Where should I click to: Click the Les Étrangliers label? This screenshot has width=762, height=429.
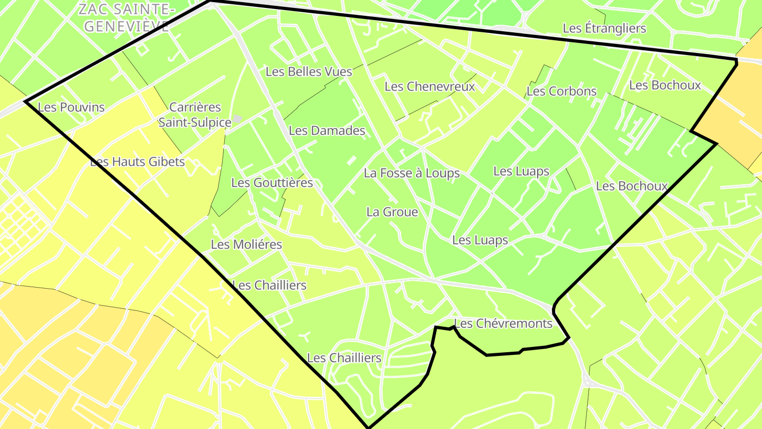click(604, 28)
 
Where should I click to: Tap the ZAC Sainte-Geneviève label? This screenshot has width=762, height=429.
click(126, 17)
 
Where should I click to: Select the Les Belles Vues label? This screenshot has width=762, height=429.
click(309, 71)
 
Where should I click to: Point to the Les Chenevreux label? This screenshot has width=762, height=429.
click(430, 86)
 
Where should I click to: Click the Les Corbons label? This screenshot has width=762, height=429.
click(561, 91)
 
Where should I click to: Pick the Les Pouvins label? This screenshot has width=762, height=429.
click(71, 107)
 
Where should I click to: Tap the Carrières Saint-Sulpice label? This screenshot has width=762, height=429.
click(195, 115)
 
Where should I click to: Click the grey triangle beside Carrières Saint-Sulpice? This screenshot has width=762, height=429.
click(239, 119)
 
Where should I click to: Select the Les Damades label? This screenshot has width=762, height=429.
click(327, 130)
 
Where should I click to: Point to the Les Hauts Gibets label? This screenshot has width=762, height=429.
click(138, 162)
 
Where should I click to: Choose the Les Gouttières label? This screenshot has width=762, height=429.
click(272, 183)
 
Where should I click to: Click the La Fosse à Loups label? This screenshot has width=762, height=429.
click(412, 173)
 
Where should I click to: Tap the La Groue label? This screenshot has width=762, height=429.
click(392, 212)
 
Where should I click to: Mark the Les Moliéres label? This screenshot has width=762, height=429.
click(246, 245)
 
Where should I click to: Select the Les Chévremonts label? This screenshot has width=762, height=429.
click(503, 323)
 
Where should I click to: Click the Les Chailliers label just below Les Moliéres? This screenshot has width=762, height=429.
click(269, 285)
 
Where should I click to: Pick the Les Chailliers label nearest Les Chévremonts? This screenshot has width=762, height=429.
click(344, 358)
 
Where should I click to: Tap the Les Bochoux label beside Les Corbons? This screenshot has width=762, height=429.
click(665, 85)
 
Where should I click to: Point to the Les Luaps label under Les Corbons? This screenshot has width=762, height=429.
click(521, 171)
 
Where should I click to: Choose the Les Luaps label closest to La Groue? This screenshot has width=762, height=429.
click(480, 240)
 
